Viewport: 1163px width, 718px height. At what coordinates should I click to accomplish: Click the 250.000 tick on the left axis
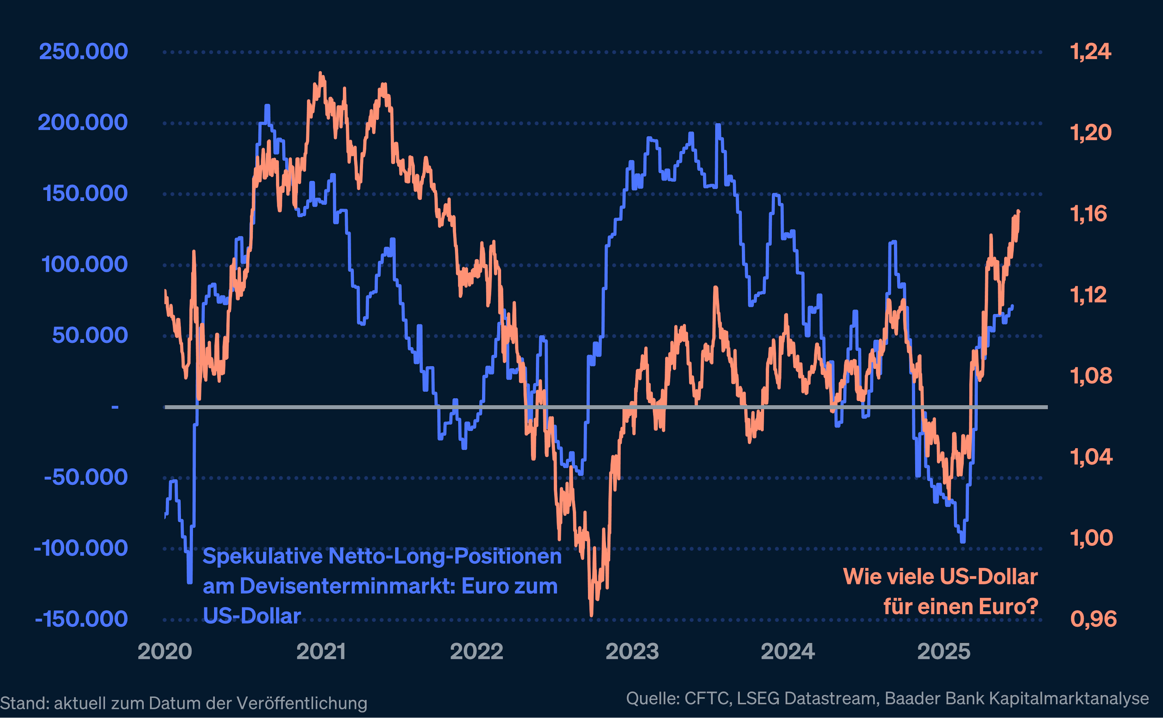pyautogui.click(x=83, y=51)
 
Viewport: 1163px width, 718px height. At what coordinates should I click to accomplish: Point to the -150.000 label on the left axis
pyautogui.click(x=81, y=619)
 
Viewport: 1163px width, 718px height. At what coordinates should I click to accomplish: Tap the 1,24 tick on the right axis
pyautogui.click(x=1090, y=51)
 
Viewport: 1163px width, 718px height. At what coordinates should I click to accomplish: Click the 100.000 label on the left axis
pyautogui.click(x=84, y=264)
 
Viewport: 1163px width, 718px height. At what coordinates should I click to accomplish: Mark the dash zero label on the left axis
pyautogui.click(x=115, y=407)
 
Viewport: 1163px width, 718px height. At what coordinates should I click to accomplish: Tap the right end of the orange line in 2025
pyautogui.click(x=1019, y=211)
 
